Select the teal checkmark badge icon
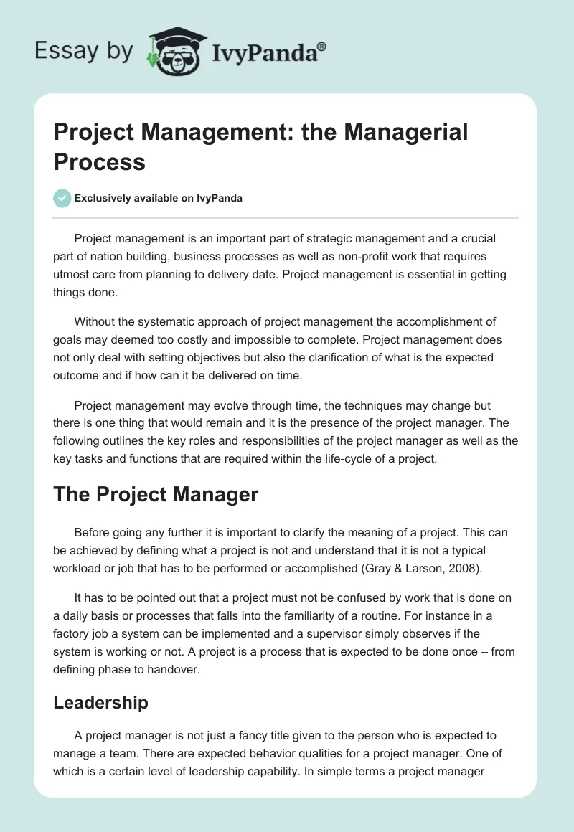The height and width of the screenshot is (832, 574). (62, 198)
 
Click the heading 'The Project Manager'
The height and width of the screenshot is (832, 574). (156, 494)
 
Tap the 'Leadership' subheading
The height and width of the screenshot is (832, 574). (100, 702)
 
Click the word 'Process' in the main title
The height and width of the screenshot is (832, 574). (100, 161)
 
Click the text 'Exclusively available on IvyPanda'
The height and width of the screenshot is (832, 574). (159, 199)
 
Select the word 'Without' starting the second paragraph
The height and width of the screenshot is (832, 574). (95, 321)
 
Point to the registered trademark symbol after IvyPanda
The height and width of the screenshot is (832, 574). (321, 45)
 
